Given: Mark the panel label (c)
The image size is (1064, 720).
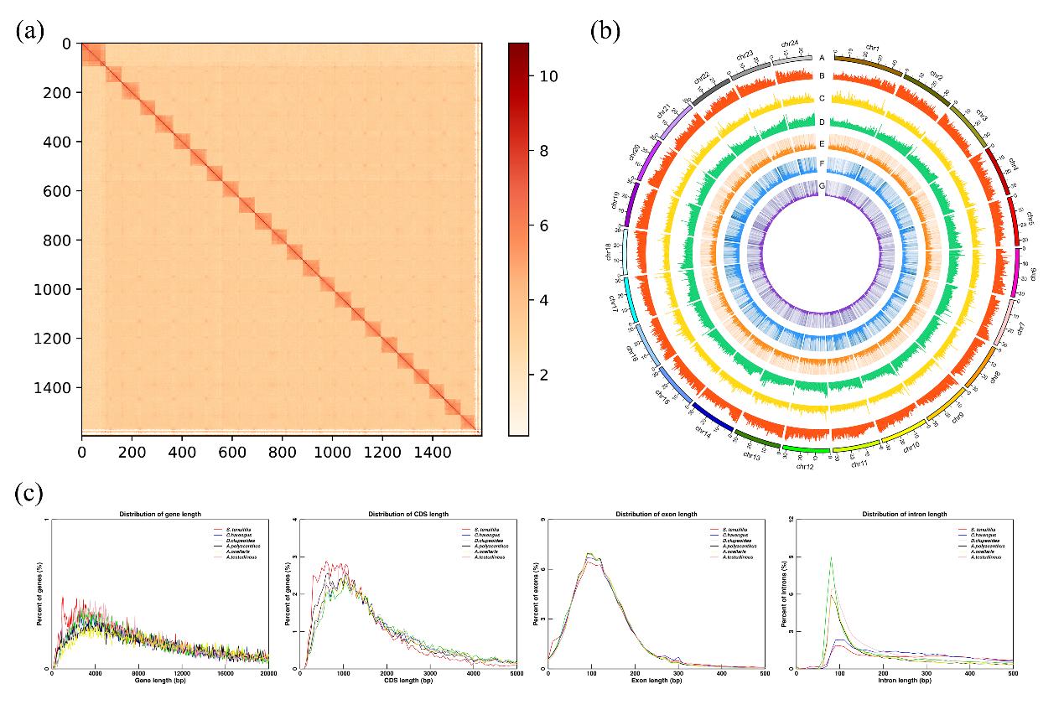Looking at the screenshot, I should [30, 494].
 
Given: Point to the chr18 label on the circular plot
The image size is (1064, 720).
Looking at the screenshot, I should [608, 252].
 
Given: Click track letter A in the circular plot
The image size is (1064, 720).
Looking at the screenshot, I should [822, 58].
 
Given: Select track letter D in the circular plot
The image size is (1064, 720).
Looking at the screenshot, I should [822, 122].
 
